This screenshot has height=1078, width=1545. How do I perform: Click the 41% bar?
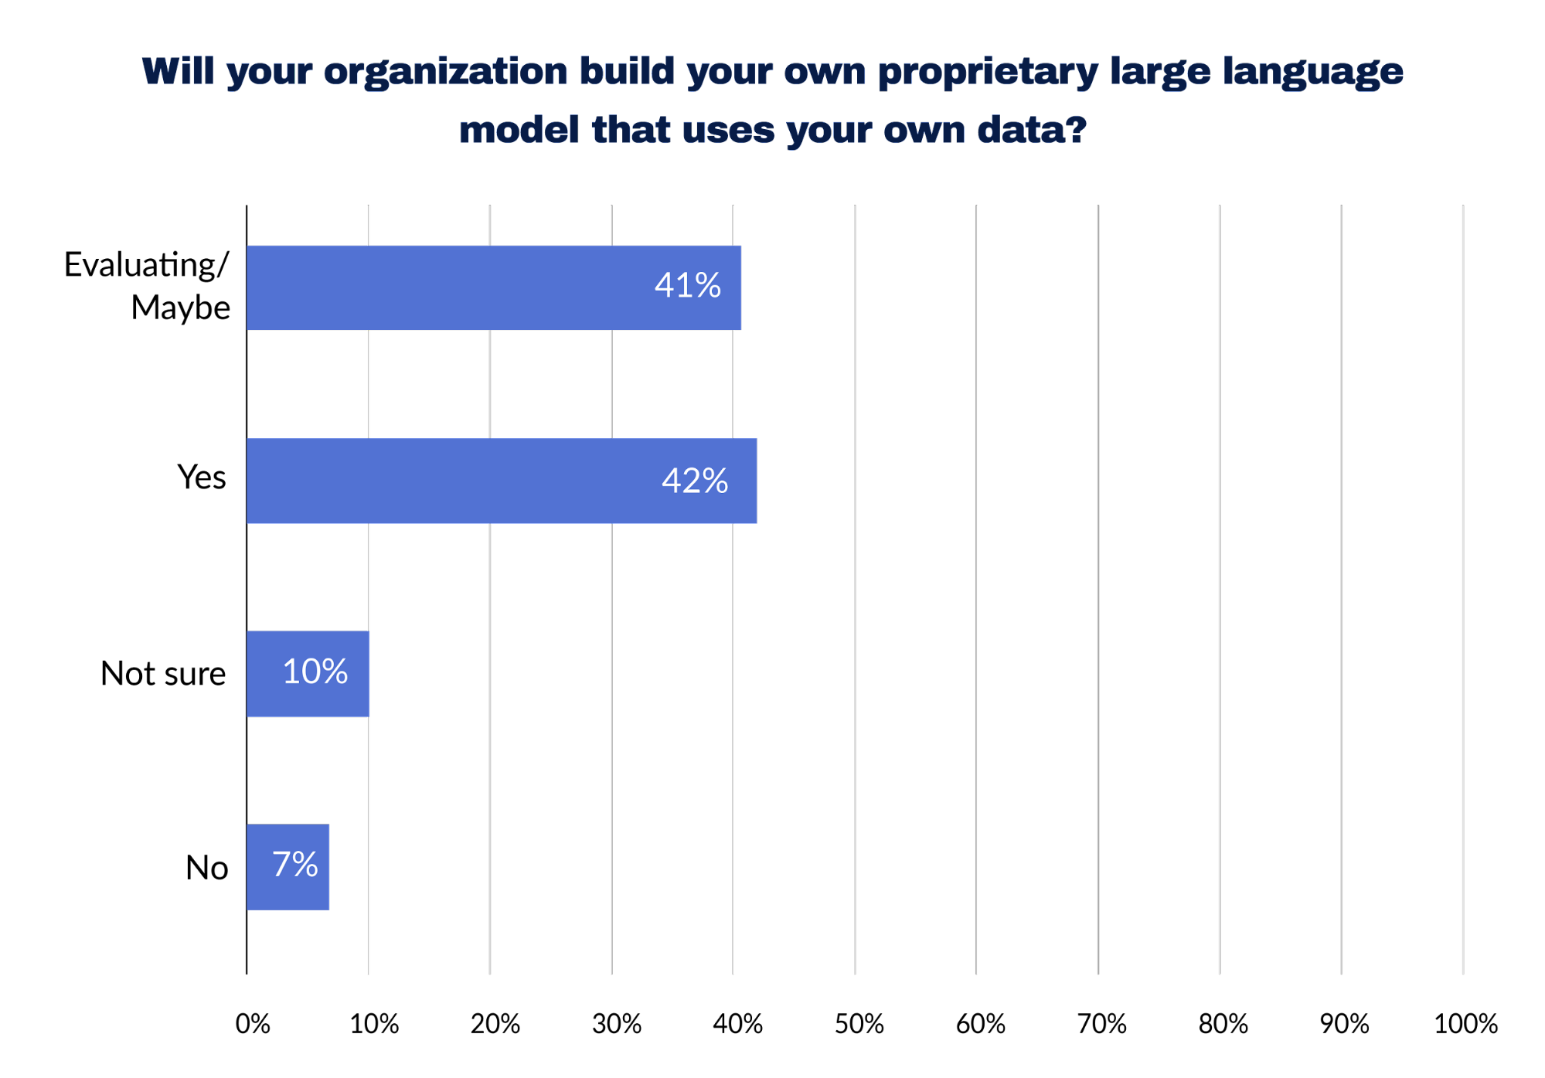(493, 287)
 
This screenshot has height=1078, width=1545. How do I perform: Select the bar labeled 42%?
(501, 481)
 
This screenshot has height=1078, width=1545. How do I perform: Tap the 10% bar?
(308, 673)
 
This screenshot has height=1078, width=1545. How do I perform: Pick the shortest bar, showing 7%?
(288, 866)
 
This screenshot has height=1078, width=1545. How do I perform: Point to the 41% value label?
(687, 286)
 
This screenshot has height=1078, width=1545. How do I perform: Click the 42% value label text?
(694, 481)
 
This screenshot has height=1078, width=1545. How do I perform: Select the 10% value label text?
(315, 672)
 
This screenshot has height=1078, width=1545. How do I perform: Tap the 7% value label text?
(294, 864)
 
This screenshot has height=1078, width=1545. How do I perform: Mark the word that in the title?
(631, 131)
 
